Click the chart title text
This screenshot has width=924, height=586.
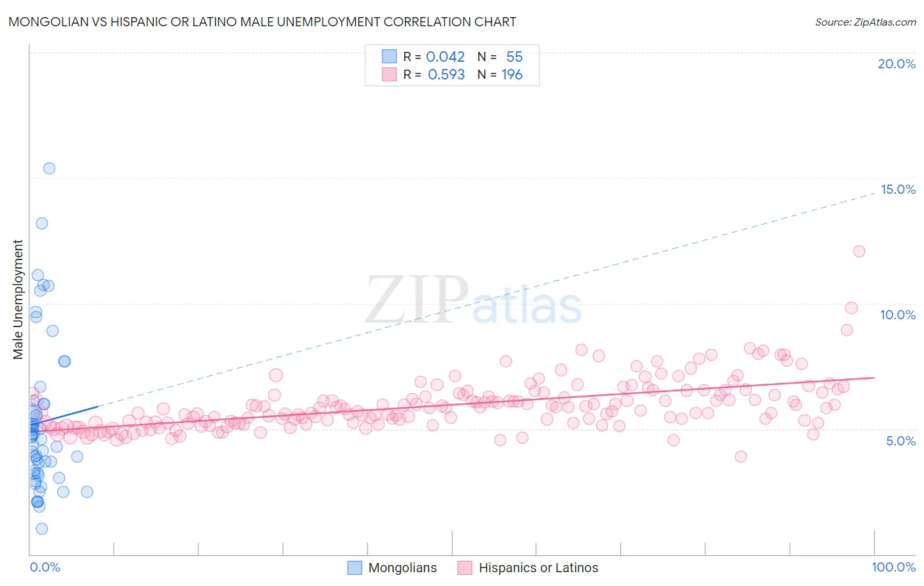262,22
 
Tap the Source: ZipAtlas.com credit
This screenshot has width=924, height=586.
865,22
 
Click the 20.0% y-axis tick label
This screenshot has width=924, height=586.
896,64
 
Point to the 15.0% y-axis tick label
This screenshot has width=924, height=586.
897,189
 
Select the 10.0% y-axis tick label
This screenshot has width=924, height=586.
897,315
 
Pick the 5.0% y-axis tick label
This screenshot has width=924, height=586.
900,441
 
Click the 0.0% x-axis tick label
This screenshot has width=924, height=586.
45,567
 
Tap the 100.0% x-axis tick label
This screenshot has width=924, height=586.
893,567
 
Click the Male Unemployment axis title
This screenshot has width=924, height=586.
18,300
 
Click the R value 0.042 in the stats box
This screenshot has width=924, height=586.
445,57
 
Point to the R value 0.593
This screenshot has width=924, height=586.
446,75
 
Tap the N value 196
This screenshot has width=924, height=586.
512,75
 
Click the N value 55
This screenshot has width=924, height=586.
514,57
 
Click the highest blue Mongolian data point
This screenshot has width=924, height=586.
49,168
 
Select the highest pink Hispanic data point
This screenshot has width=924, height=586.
858,251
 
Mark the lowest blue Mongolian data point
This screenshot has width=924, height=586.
41,529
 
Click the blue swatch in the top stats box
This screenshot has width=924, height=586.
389,56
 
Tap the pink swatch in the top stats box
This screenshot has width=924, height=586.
389,74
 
